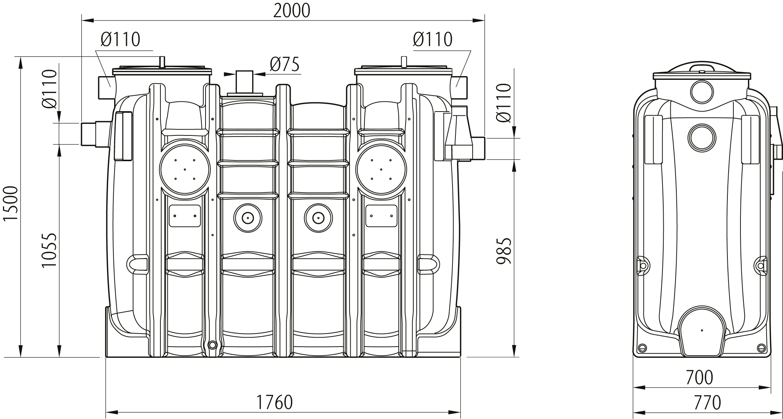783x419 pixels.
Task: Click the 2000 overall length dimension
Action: click(x=292, y=11)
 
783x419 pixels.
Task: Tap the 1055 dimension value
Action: click(x=49, y=250)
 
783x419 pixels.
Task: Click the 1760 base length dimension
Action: click(x=274, y=402)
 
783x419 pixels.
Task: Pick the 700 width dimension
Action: click(x=699, y=377)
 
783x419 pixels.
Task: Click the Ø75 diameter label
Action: click(x=285, y=65)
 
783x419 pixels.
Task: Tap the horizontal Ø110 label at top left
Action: click(x=120, y=39)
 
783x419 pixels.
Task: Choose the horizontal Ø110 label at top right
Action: click(x=433, y=39)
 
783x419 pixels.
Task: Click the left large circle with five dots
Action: click(x=185, y=169)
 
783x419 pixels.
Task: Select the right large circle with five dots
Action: click(x=381, y=169)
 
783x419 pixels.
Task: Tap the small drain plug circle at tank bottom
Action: click(x=212, y=344)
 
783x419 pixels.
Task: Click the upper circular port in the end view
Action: click(x=702, y=91)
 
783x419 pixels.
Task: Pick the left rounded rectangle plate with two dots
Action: click(x=185, y=216)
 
